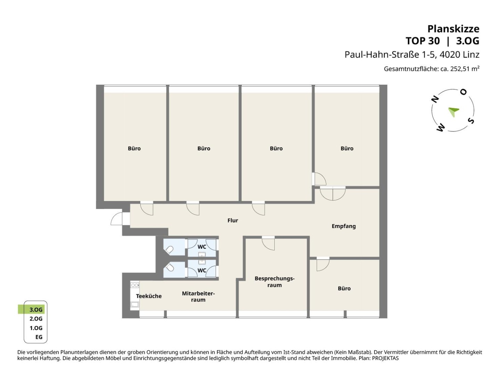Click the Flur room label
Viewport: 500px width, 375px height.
(233, 220)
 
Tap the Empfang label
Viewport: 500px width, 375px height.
(343, 226)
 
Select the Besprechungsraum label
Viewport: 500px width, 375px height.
(275, 282)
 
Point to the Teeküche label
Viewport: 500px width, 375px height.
(149, 296)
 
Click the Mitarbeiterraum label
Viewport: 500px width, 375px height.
(198, 297)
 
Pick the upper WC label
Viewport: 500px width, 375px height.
(202, 247)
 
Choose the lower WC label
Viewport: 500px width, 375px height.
(202, 270)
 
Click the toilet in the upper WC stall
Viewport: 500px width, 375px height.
(169, 250)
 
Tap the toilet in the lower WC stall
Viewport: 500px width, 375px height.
(169, 267)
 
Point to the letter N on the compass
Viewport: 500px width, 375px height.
(435, 99)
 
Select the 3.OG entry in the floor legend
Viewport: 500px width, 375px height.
(36, 310)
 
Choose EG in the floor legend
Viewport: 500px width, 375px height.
(39, 337)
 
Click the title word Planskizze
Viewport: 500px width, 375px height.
(453, 29)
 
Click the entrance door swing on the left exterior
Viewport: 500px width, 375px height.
(117, 219)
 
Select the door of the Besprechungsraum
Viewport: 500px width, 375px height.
(268, 243)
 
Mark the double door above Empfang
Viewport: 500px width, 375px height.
(333, 193)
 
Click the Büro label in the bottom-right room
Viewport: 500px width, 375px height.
(344, 289)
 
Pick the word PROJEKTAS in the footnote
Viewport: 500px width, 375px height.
(385, 358)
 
